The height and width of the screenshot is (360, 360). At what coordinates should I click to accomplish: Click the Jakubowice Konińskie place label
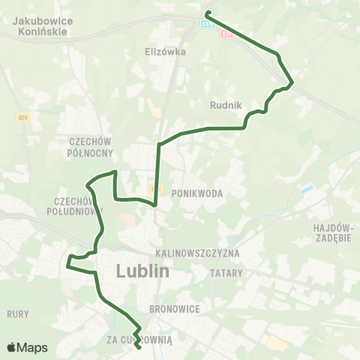[x=43, y=27]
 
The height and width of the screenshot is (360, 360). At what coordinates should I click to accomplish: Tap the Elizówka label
[x=164, y=52]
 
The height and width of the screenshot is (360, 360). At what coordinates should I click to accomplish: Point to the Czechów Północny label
[x=90, y=147]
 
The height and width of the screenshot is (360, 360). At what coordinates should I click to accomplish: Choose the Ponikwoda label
[x=198, y=193]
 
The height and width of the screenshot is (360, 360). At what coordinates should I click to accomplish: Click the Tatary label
[x=226, y=273]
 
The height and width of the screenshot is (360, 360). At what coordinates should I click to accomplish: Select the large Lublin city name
[x=143, y=271]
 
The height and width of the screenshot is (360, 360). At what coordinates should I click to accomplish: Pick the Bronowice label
[x=173, y=308]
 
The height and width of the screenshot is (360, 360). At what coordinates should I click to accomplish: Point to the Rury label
[x=17, y=313]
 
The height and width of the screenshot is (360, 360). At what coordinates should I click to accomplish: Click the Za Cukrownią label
[x=140, y=340]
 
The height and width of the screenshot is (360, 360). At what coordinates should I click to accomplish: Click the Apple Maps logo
[x=27, y=347]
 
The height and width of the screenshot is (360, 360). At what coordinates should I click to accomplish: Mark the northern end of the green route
[x=207, y=14]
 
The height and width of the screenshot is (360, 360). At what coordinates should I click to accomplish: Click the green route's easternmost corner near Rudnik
[x=291, y=81]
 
